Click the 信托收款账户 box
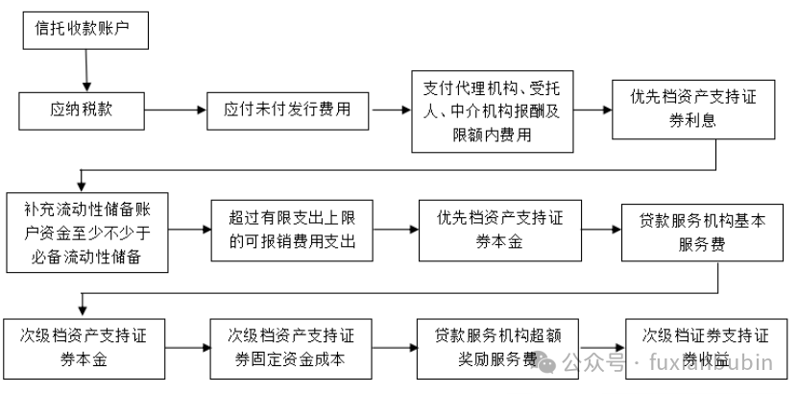point(86,31)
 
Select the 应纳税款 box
point(81,110)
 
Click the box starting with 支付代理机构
point(492,111)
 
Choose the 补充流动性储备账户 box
point(87,232)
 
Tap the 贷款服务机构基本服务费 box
point(695,232)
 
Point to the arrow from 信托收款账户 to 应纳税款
point(86,70)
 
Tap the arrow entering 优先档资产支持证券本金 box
point(397,231)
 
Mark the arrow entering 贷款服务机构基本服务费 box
point(599,231)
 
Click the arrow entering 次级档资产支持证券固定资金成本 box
point(188,348)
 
